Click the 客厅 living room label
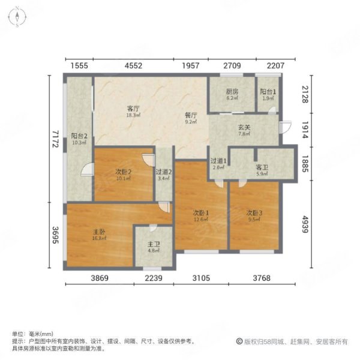coord(133,109)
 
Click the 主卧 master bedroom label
coord(100,230)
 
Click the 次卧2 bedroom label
coord(124,172)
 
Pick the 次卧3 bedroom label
coord(254,212)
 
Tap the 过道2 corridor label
coord(164,172)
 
